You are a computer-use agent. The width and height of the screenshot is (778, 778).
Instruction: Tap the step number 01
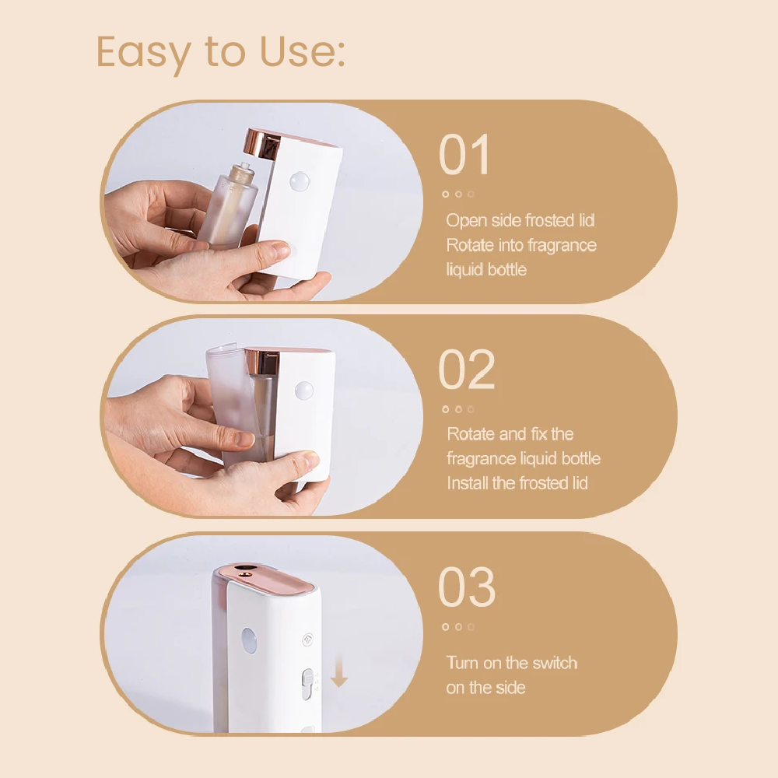click(465, 155)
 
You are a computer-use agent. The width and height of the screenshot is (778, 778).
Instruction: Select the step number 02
click(466, 369)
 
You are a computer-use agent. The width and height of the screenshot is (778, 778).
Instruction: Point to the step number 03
click(466, 587)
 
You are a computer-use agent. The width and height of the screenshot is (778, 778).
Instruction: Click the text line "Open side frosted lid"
click(520, 220)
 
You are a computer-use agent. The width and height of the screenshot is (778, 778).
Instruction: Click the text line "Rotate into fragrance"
click(521, 245)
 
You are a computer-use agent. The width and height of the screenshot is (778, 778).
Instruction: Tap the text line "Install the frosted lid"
click(517, 483)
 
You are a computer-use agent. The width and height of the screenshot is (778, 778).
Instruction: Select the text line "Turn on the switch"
click(512, 663)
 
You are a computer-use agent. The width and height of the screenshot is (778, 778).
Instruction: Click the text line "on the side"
click(485, 688)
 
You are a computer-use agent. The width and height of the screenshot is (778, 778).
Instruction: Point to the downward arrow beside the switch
click(339, 671)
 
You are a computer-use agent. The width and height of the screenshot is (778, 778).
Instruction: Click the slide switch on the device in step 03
click(307, 684)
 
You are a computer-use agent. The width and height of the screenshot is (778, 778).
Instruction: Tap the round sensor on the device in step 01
click(300, 182)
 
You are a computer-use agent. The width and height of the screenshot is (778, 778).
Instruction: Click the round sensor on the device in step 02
click(303, 391)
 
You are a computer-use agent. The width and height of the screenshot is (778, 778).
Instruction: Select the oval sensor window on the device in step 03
click(249, 640)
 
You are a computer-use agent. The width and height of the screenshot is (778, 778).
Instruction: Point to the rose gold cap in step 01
click(262, 145)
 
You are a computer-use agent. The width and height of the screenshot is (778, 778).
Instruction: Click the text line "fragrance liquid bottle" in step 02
click(524, 458)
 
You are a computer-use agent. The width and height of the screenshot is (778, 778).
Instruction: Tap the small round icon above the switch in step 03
click(307, 640)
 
